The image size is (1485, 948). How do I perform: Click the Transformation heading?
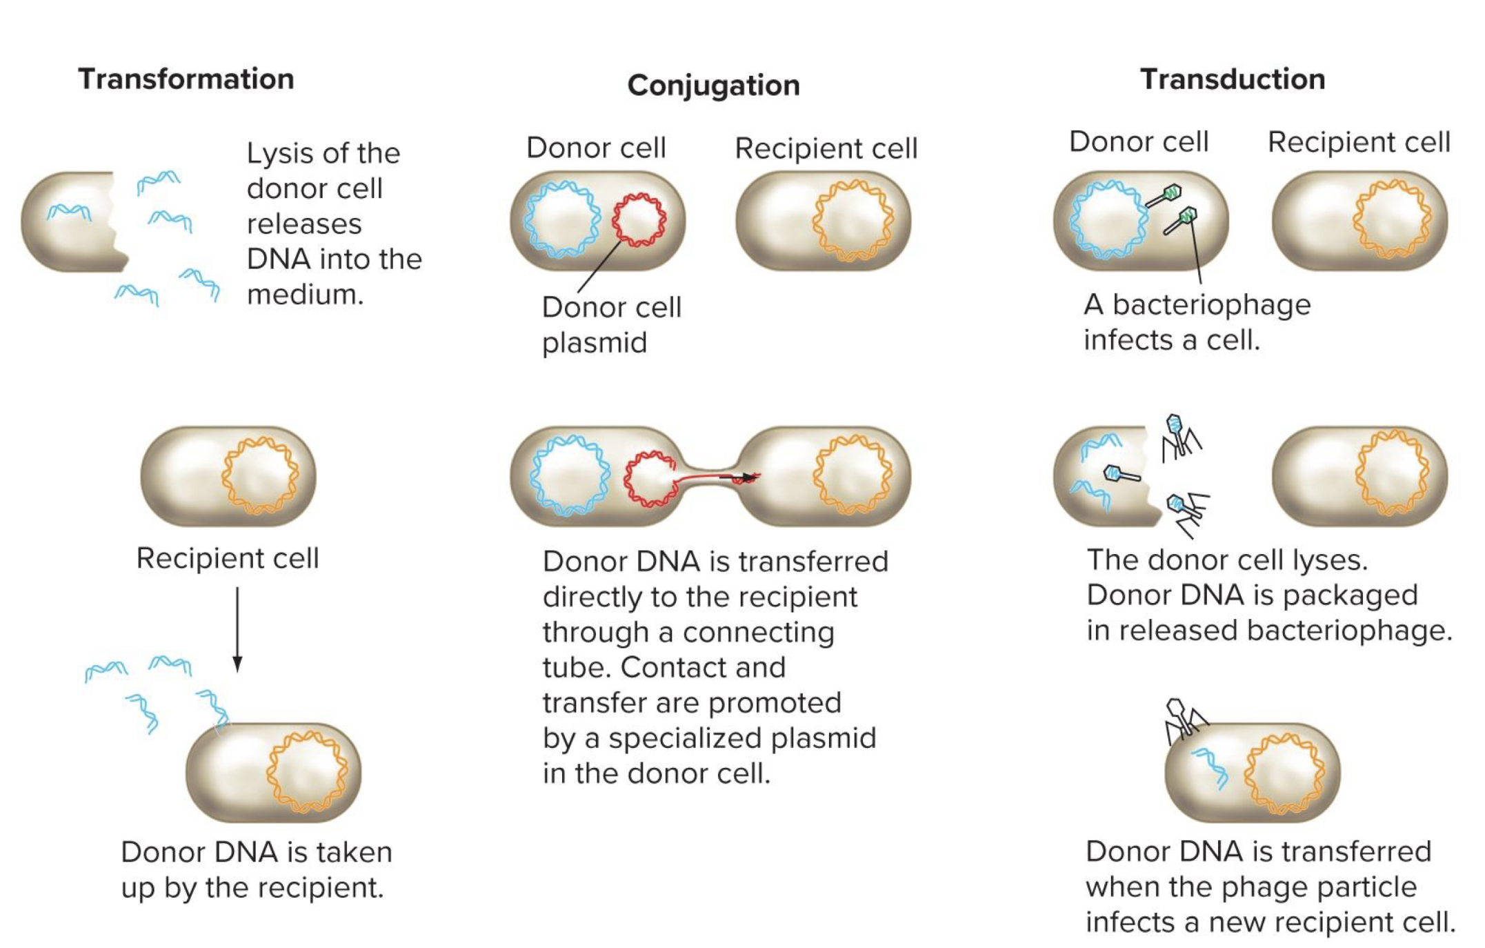[x=186, y=79]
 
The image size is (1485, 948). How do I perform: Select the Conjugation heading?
[x=713, y=86]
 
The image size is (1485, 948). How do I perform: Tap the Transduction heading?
[x=1232, y=79]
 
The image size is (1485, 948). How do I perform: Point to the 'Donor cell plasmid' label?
[x=611, y=324]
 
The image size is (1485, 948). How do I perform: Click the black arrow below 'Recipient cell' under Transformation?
[x=237, y=628]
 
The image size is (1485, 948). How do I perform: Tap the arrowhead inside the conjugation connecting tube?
[x=747, y=477]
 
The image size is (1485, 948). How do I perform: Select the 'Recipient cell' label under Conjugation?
[x=826, y=148]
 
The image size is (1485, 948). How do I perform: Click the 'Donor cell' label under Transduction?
[x=1138, y=141]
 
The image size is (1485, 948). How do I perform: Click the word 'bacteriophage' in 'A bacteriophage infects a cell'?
[x=1211, y=304]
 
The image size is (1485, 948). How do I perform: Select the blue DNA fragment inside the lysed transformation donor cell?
[x=68, y=211]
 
